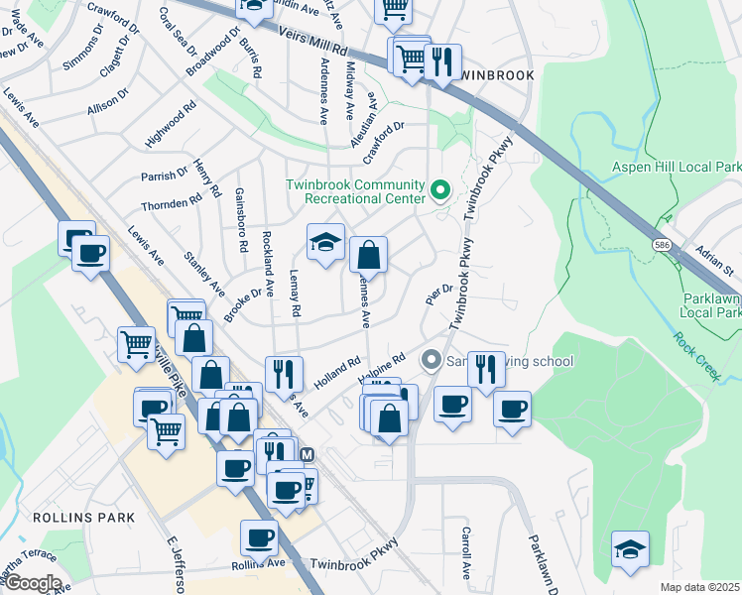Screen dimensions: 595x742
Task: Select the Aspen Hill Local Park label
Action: (677, 167)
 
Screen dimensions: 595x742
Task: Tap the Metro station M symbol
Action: (308, 454)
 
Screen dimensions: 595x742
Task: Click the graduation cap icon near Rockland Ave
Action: (325, 242)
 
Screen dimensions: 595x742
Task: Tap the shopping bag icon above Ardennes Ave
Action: (368, 256)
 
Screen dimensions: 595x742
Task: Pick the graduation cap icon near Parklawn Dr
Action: (629, 548)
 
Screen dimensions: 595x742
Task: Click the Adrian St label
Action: (714, 262)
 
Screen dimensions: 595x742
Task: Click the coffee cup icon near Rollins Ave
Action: (259, 538)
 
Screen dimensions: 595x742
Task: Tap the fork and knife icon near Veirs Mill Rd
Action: (442, 61)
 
